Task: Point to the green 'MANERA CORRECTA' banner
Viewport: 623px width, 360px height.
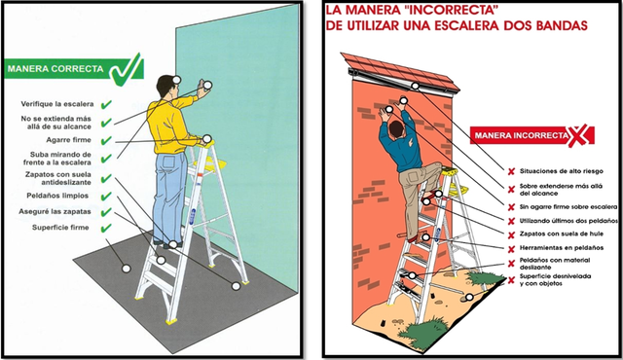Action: pos(55,70)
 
